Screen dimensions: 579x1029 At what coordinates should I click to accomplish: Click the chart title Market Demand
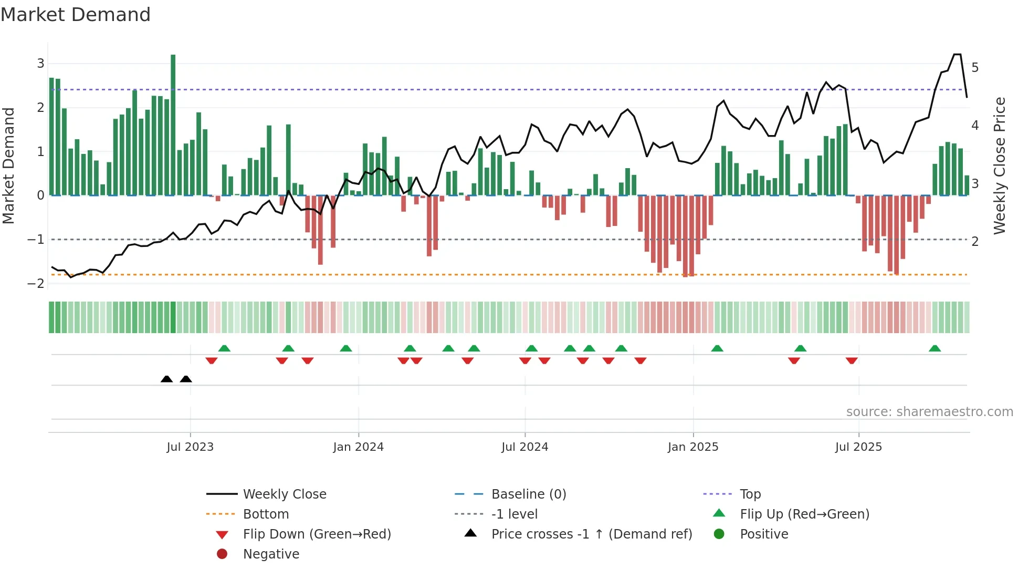click(x=76, y=15)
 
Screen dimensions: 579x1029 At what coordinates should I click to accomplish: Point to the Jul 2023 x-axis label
click(x=190, y=447)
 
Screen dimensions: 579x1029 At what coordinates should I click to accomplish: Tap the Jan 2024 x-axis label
click(x=359, y=447)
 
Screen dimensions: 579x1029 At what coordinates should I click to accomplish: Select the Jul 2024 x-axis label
click(x=525, y=447)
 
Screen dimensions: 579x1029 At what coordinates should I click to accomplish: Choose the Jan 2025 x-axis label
click(x=693, y=447)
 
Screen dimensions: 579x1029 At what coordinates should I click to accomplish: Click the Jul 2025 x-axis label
click(x=859, y=447)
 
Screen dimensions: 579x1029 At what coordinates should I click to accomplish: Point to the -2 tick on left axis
click(x=36, y=283)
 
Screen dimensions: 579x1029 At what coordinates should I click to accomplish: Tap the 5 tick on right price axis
click(x=975, y=68)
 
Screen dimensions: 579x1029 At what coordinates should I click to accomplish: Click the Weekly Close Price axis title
click(x=1000, y=166)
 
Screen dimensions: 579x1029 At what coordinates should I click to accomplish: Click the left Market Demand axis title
click(x=8, y=166)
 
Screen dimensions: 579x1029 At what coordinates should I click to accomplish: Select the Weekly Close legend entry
click(x=284, y=494)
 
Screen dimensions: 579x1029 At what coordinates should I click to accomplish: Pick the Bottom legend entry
click(x=266, y=514)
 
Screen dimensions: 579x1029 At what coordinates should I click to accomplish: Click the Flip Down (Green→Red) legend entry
click(x=317, y=534)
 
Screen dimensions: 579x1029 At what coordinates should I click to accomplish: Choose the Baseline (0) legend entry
click(x=528, y=494)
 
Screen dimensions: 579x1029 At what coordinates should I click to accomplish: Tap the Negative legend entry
click(x=271, y=554)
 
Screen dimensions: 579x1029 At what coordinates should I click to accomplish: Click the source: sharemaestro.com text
click(x=929, y=412)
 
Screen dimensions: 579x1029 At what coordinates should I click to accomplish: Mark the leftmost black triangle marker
click(x=166, y=379)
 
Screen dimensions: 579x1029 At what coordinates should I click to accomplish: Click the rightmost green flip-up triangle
click(x=934, y=348)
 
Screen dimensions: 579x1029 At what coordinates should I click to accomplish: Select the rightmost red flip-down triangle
click(x=852, y=360)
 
